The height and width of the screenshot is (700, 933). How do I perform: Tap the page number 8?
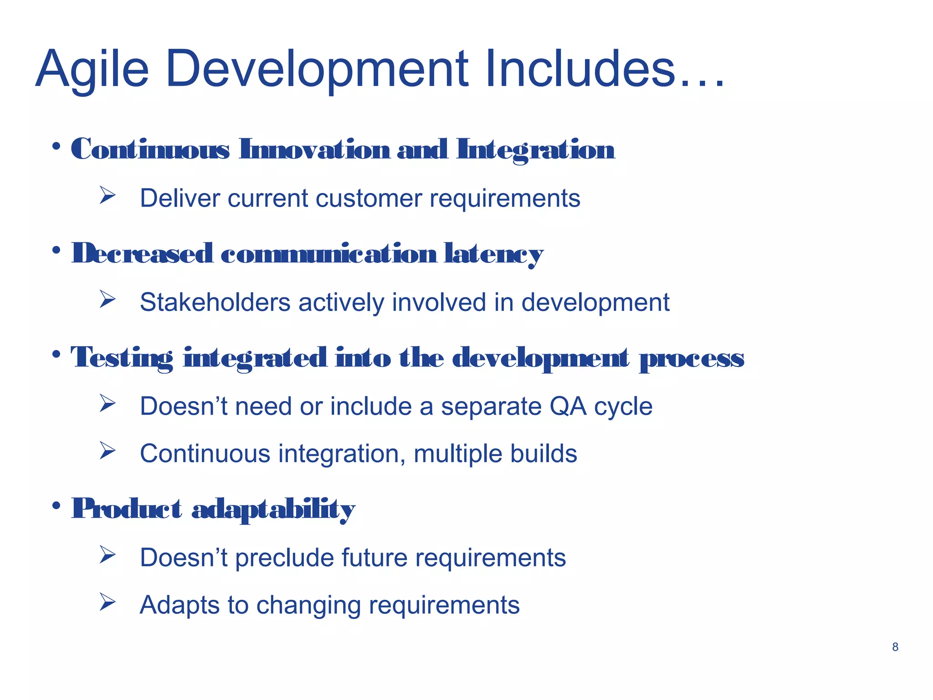pos(895,647)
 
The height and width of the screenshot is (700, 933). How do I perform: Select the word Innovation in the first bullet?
pos(314,149)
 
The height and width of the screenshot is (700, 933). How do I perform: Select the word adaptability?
pos(273,509)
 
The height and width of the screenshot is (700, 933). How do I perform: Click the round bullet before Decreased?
pos(56,250)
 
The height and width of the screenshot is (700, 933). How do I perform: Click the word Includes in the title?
pos(579,70)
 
